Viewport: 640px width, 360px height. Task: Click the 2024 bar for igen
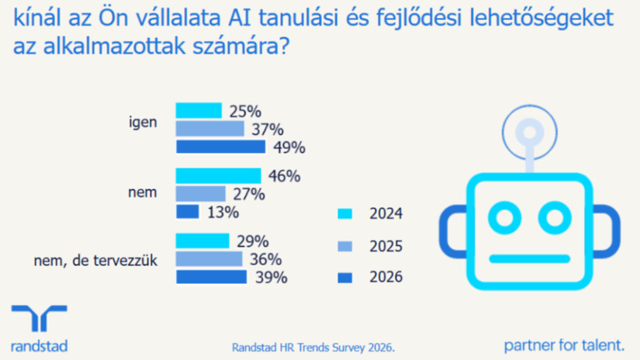tap(199, 110)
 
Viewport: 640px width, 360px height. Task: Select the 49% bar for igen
tap(220, 147)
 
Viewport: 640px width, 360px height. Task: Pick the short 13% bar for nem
tap(188, 211)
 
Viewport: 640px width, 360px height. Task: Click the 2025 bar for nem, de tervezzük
tap(209, 259)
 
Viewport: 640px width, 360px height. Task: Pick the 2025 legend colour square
tap(346, 245)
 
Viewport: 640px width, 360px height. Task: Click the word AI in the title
tap(223, 16)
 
